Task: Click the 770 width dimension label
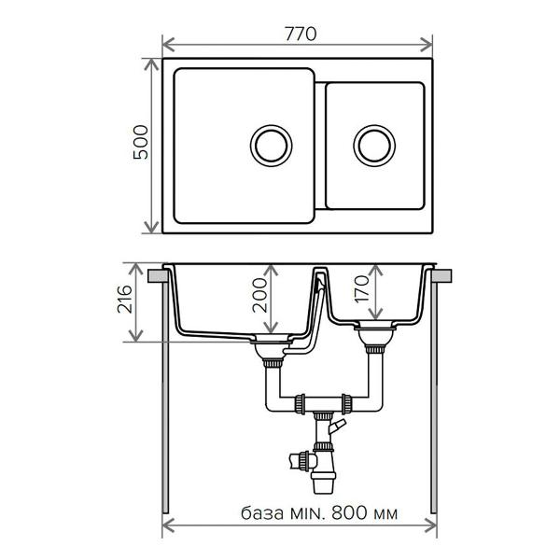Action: click(x=301, y=35)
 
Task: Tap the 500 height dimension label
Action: click(x=140, y=142)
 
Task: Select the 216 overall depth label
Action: click(x=125, y=300)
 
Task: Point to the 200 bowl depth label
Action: click(x=259, y=295)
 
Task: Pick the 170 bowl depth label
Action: click(x=362, y=289)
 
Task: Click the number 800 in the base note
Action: click(x=349, y=513)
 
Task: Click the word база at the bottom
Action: click(x=262, y=513)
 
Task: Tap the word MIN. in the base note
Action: click(x=308, y=513)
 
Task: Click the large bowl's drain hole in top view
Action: click(x=271, y=146)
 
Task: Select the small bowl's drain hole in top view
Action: click(x=374, y=146)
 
